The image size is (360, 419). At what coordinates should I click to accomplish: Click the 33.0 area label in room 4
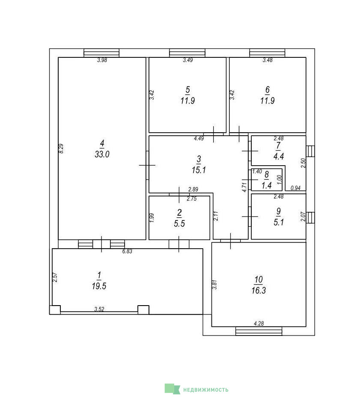102,154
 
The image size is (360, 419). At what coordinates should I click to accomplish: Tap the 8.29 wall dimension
61,149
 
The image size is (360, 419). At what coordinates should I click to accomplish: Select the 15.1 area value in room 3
199,170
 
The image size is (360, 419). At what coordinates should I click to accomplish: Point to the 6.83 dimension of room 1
127,251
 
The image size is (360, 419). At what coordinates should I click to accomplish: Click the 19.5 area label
99,286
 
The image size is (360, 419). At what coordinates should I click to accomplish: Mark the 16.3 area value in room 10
259,291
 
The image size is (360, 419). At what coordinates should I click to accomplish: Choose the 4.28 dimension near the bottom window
259,324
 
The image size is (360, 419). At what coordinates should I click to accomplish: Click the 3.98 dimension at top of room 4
102,60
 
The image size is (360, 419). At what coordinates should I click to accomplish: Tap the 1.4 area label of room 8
266,185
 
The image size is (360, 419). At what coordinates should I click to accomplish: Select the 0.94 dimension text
295,188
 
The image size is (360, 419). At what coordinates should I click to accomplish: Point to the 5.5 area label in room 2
179,223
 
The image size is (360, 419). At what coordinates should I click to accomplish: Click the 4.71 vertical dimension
244,187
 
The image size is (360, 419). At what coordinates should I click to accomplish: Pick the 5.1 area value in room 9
279,222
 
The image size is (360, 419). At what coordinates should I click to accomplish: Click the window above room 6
267,53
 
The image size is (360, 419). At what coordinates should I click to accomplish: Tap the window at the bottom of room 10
259,331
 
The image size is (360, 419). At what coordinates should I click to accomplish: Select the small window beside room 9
310,217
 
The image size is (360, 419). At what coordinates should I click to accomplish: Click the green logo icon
173,389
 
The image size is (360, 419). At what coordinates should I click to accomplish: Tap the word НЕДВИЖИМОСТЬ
206,390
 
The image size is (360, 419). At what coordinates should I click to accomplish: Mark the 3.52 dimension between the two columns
99,309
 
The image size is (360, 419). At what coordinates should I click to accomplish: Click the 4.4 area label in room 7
279,156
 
